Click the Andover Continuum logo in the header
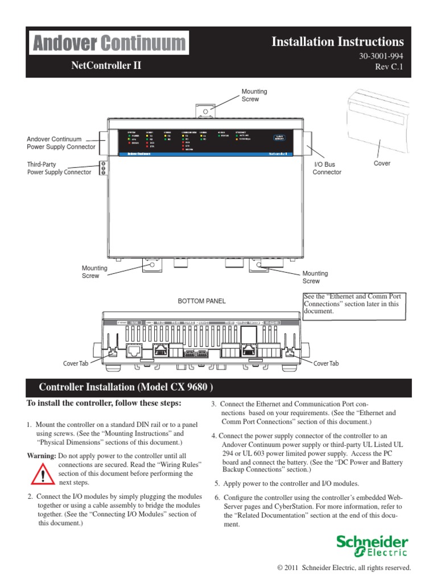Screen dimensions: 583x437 (109, 43)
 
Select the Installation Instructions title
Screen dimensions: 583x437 (337, 42)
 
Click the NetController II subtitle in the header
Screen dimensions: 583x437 (105, 65)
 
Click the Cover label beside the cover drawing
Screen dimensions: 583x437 (382, 163)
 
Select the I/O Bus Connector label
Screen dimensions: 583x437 (327, 168)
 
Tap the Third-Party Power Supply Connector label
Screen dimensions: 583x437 (59, 168)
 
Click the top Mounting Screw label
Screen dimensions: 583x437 (254, 95)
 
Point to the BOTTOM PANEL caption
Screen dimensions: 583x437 (201, 301)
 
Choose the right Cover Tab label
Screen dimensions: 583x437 (325, 363)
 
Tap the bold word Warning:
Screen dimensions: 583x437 (42, 456)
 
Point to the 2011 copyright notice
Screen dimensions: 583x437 (343, 568)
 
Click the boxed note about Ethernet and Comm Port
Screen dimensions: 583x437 (352, 304)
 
